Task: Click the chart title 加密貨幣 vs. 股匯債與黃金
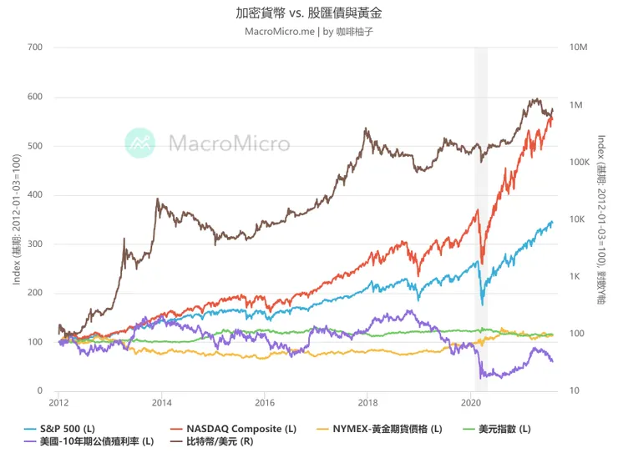pos(310,14)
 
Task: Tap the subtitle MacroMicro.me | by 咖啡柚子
pos(309,32)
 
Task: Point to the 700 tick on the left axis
pos(34,48)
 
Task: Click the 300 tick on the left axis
pos(34,244)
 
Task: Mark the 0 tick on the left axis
pos(39,391)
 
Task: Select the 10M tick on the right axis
pos(579,48)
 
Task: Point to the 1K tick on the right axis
pos(575,276)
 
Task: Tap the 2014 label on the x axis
pos(161,402)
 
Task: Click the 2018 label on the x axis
pos(367,402)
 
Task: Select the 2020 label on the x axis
pos(470,402)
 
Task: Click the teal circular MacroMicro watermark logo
pos(140,143)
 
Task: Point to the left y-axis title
pos(17,219)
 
